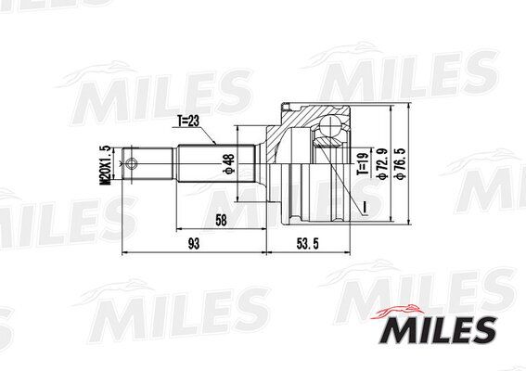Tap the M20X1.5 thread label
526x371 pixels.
(x=105, y=164)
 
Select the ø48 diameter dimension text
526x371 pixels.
(x=227, y=164)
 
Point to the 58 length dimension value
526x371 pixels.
(x=220, y=220)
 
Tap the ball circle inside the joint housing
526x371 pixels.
(x=328, y=131)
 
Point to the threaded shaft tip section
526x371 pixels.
(x=148, y=165)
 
